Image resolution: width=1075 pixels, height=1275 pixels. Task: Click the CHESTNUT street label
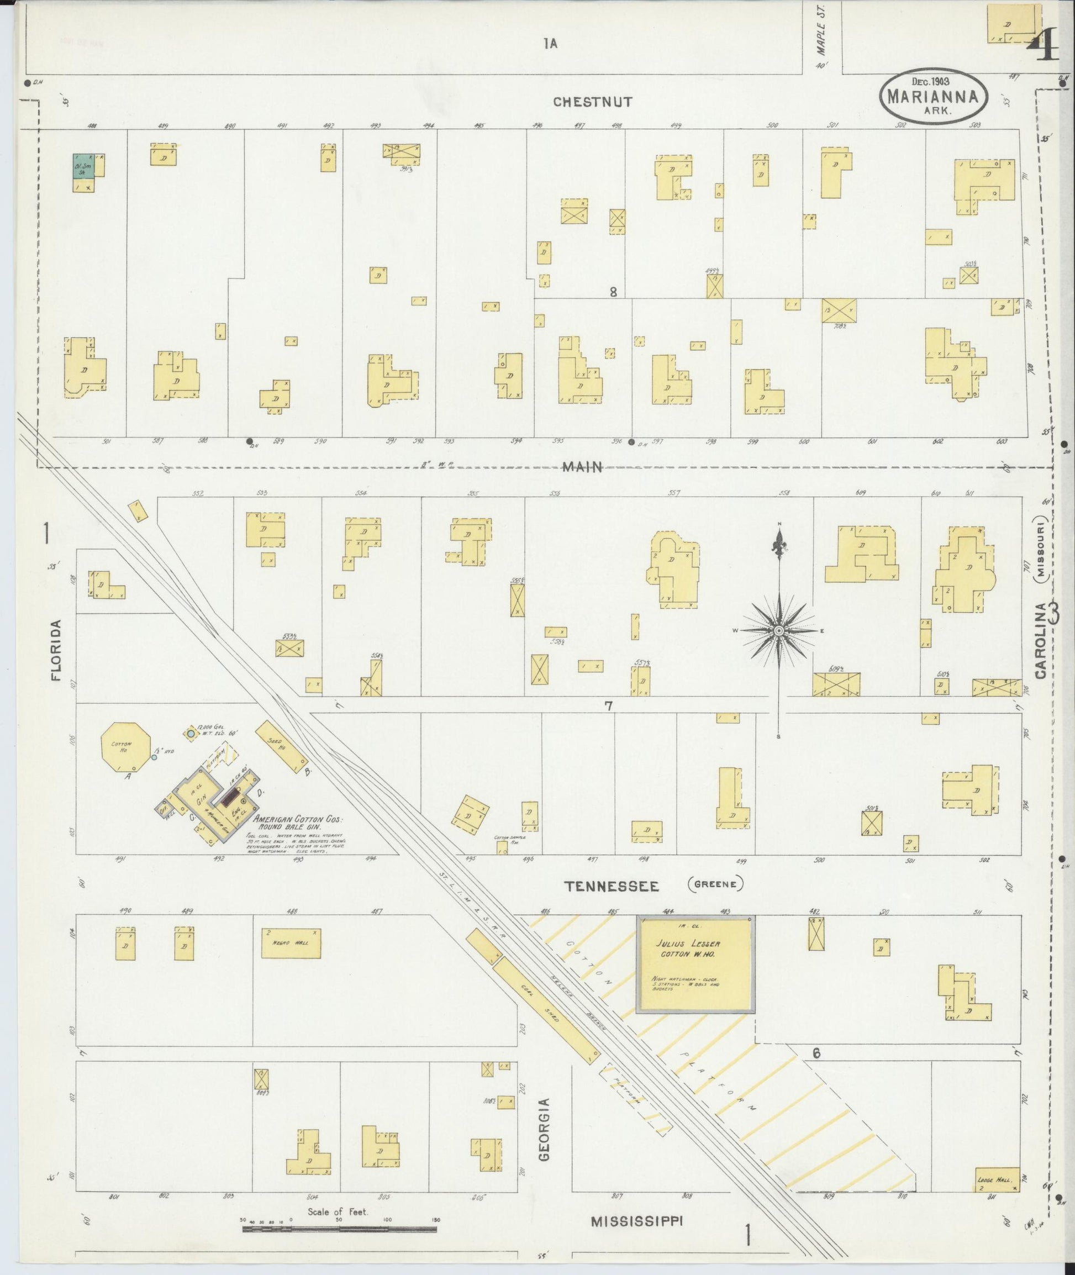[x=592, y=102]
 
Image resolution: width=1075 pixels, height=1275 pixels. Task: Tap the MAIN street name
[x=582, y=467]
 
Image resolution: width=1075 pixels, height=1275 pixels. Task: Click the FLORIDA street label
[x=57, y=650]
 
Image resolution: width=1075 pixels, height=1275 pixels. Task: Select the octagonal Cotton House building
[x=125, y=746]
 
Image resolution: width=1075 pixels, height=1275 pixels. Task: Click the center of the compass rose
[x=778, y=630]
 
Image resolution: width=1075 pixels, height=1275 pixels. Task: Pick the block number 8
[x=613, y=292]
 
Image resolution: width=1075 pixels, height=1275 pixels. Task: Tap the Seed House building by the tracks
[x=281, y=745]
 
